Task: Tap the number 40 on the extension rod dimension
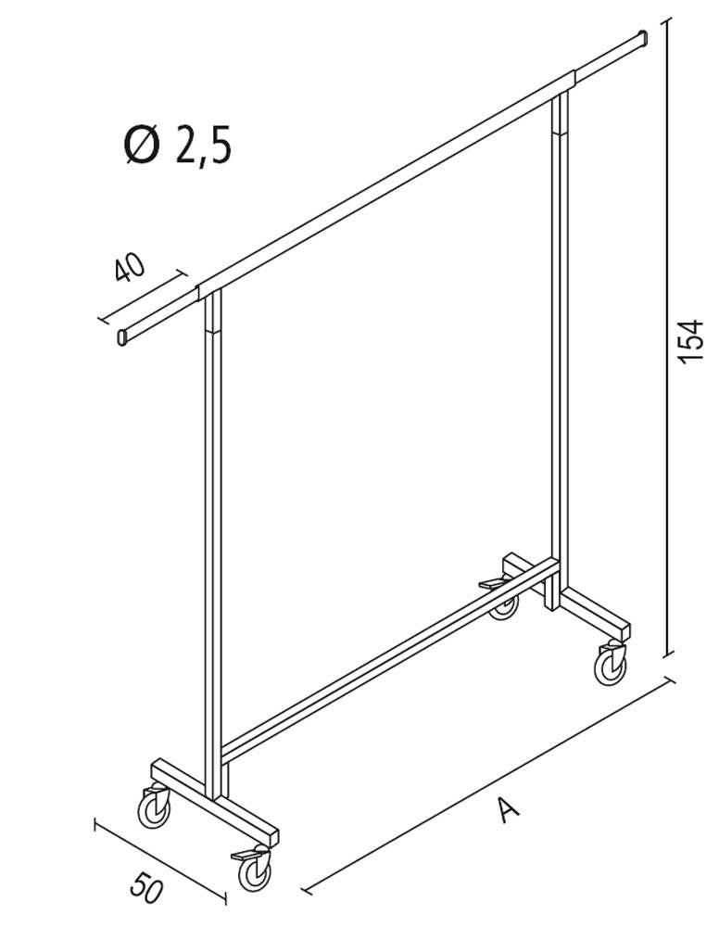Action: (131, 268)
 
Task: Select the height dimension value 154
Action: (691, 341)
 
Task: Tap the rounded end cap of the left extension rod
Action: (123, 337)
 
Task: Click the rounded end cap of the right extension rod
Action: (642, 39)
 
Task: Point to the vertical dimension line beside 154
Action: (668, 463)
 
